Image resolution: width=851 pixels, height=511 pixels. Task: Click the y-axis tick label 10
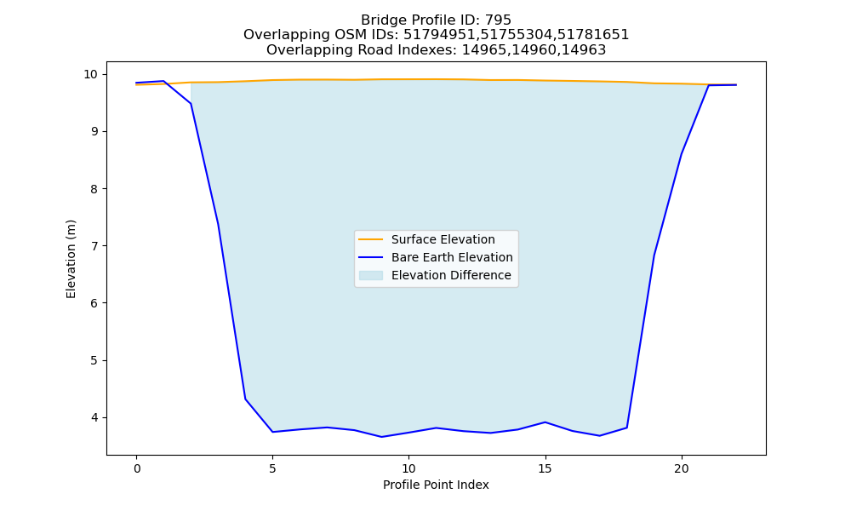coord(91,74)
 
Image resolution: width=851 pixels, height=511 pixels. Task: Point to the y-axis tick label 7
coord(94,246)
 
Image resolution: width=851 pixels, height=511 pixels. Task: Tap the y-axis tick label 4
coord(94,417)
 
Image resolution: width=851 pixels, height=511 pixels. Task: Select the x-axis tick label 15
coord(545,468)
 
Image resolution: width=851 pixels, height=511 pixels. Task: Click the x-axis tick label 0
coord(136,468)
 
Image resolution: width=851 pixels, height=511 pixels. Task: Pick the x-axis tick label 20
coord(681,468)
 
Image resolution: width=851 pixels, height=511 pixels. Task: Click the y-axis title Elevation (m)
coord(71,259)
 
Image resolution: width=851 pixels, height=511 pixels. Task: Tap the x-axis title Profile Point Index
coord(436,485)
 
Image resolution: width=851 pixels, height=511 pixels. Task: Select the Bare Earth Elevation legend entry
coord(435,257)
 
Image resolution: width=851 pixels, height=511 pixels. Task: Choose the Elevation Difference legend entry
coord(435,275)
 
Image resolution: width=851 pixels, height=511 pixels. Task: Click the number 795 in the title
coord(498,20)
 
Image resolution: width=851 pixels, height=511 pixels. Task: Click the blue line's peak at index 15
coord(545,422)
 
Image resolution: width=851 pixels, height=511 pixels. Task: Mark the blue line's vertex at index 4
coord(245,399)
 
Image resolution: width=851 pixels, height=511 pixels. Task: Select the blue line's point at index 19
coord(654,255)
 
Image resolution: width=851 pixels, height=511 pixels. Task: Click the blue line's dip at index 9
coord(381,437)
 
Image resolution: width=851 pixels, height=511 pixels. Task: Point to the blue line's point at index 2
coord(191,103)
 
